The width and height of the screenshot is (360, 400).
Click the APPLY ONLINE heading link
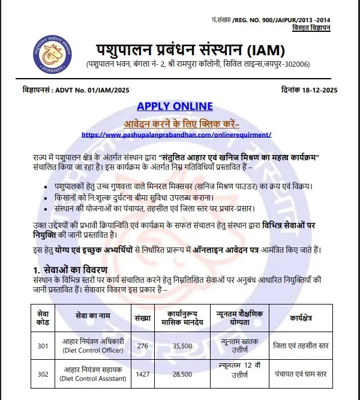click(175, 106)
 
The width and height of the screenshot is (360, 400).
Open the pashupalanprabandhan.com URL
click(176, 135)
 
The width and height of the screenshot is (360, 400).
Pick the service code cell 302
click(43, 374)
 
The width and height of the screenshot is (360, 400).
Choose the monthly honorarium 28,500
click(182, 374)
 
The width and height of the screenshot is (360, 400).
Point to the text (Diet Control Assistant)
click(91, 378)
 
